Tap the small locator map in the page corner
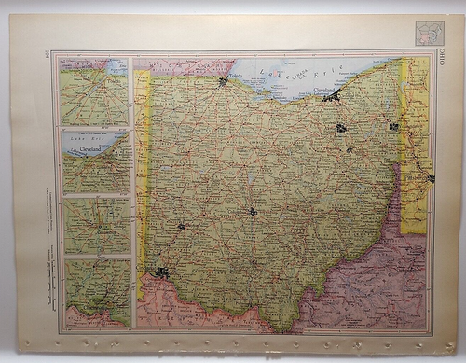point(430,33)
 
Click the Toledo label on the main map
point(238,73)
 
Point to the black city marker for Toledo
point(224,82)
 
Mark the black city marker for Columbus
point(253,212)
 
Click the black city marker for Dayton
point(181,226)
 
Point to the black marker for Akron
point(342,127)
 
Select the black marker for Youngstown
point(394,125)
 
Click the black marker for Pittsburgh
point(431,177)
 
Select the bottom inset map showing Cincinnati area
point(96,291)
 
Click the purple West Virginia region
point(373,280)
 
